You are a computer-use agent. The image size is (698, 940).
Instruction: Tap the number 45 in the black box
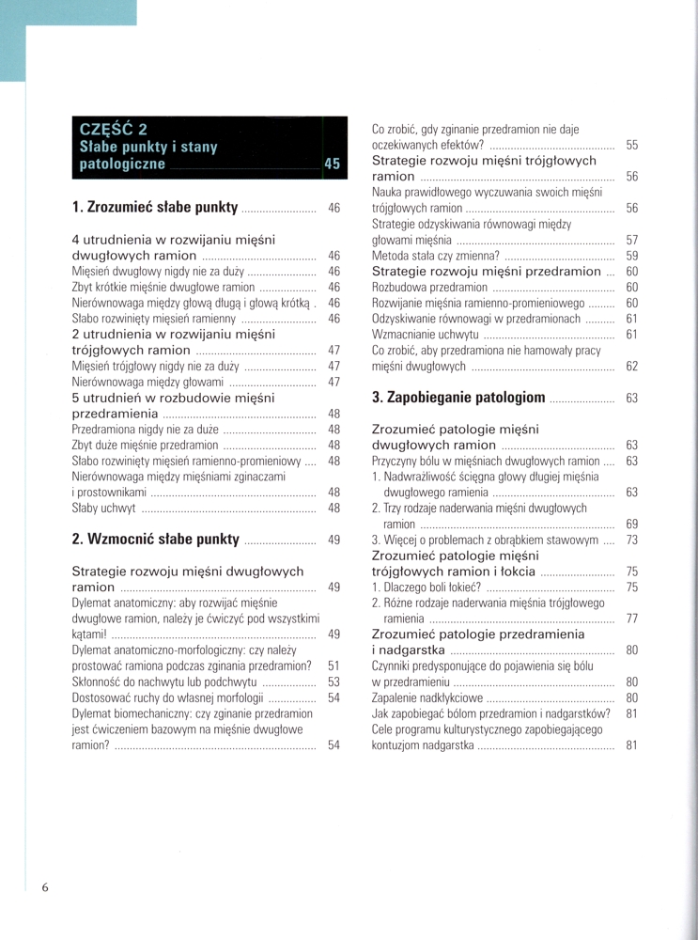click(x=332, y=164)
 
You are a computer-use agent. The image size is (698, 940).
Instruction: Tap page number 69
click(x=631, y=524)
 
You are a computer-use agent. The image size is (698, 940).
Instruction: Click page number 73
click(x=631, y=540)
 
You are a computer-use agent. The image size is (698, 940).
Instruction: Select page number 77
click(x=631, y=619)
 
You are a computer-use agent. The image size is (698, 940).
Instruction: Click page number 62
click(x=631, y=366)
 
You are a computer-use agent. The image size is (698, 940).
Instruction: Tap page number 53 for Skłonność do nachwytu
click(x=333, y=681)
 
